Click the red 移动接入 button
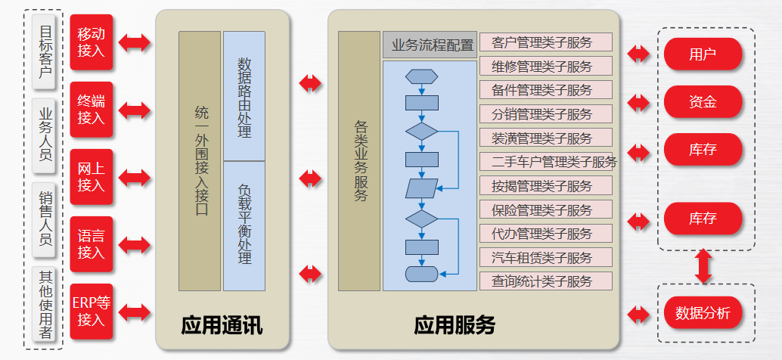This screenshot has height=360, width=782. click(91, 42)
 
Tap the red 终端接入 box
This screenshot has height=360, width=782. click(91, 110)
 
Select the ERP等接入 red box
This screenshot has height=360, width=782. click(91, 312)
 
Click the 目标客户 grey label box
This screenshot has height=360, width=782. click(46, 52)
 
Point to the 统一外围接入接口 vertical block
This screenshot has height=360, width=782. click(200, 161)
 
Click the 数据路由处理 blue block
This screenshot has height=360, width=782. click(244, 96)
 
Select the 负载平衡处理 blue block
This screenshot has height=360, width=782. click(244, 225)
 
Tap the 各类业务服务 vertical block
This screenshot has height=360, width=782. click(359, 161)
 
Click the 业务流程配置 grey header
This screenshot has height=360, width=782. click(429, 45)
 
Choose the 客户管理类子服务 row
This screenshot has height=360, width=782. click(545, 42)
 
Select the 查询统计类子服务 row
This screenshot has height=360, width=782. click(545, 281)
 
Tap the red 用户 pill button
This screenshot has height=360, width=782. click(703, 54)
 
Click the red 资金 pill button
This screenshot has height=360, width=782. click(703, 101)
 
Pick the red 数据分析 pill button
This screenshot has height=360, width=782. click(703, 313)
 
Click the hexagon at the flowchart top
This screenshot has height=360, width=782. click(422, 76)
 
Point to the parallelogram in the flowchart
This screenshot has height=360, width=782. click(422, 188)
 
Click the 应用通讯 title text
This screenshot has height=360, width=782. click(222, 326)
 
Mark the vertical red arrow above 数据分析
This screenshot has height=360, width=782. click(703, 267)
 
